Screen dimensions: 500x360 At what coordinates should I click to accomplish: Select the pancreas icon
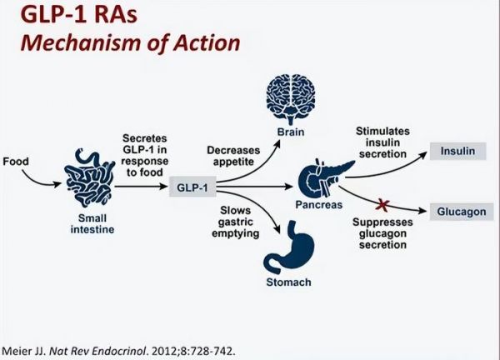tap(322, 179)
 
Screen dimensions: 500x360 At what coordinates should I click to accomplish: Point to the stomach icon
tap(289, 247)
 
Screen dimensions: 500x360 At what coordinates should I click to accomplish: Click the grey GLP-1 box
tap(192, 187)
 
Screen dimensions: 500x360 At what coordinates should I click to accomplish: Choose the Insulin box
tap(457, 151)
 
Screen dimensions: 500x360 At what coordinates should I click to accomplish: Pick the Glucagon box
tap(462, 212)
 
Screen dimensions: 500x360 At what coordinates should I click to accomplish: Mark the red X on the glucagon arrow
tap(382, 205)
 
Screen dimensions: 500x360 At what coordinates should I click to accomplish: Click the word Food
tap(16, 162)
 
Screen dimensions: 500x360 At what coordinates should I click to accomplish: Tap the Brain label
tap(291, 132)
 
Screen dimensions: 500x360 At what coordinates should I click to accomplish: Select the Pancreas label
tap(319, 205)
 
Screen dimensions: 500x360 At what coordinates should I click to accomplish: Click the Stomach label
tap(288, 282)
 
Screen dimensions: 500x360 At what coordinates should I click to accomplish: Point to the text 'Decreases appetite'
tap(233, 156)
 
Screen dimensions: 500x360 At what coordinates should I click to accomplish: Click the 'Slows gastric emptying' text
tap(235, 222)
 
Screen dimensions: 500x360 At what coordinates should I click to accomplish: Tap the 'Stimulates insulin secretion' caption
tap(382, 142)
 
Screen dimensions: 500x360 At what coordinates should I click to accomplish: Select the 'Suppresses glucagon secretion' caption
tap(382, 233)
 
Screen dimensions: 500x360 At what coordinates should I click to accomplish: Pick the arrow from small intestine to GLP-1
tap(141, 186)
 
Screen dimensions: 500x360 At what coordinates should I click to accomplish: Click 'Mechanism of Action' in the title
tap(131, 43)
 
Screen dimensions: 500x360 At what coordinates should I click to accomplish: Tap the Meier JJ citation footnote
tap(118, 351)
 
